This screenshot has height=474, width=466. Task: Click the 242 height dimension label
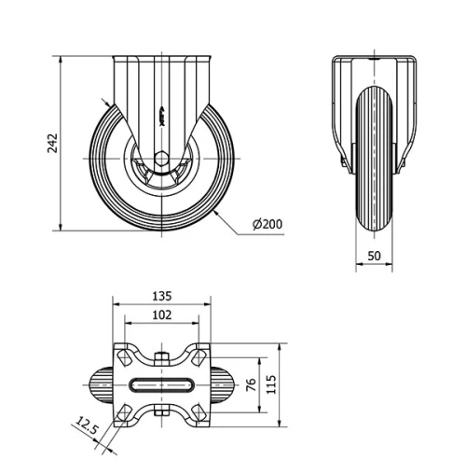[x=53, y=142]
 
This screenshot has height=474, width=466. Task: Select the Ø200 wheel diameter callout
[x=267, y=225]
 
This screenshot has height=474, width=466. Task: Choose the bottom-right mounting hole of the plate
[x=199, y=414]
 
